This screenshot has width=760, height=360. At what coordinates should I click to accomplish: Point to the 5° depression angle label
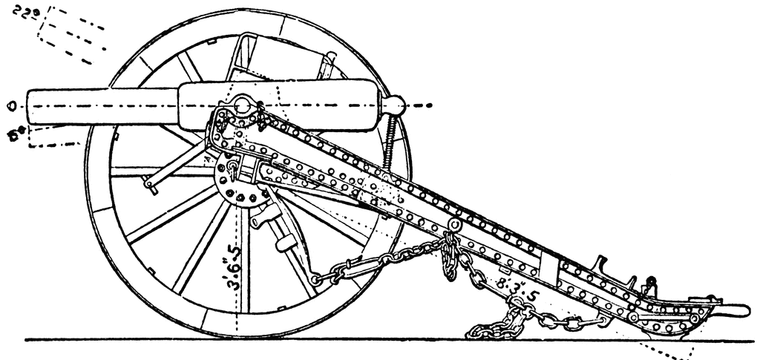pos(16,134)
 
